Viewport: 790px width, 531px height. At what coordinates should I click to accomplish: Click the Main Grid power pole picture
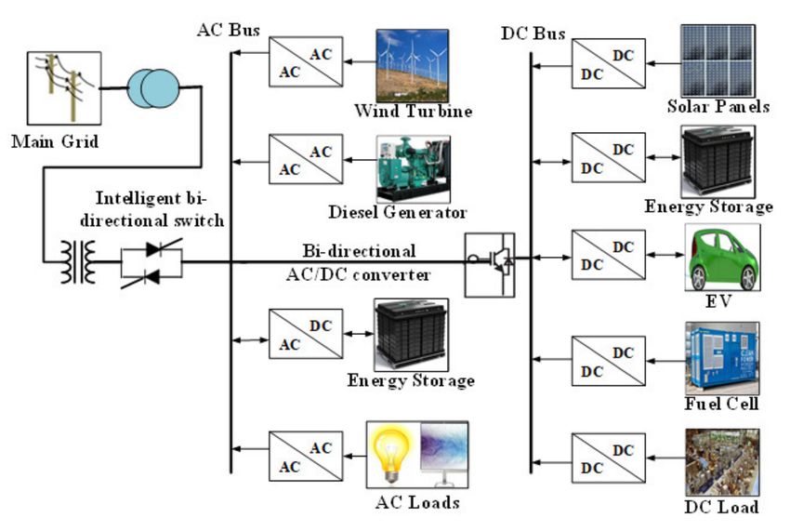point(64,88)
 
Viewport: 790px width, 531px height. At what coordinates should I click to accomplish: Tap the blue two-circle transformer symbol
point(153,88)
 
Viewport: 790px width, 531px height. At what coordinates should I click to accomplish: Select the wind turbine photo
point(412,65)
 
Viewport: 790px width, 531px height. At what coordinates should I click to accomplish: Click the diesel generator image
point(414,169)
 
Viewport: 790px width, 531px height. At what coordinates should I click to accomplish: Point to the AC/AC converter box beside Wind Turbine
point(306,62)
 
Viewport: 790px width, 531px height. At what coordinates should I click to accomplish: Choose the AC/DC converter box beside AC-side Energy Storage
point(306,334)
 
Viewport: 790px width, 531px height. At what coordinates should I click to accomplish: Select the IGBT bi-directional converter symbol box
point(490,265)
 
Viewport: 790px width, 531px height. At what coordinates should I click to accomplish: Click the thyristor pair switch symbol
point(151,263)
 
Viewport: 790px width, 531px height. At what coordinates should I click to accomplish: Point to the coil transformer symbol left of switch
point(78,262)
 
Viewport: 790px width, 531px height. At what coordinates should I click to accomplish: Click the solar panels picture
point(718,61)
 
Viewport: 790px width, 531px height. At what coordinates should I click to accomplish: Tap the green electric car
point(722,259)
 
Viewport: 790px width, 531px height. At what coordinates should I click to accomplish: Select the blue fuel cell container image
point(722,359)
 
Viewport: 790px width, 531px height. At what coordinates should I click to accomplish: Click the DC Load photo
point(722,462)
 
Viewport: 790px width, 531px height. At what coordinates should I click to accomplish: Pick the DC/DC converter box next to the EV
point(609,255)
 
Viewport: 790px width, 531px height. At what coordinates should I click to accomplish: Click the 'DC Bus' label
point(533,33)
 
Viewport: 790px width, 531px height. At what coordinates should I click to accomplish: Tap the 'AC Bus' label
point(229,30)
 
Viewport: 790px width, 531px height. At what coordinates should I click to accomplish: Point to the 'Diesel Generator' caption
point(398,212)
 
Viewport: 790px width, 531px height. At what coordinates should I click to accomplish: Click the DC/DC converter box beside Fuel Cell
point(609,361)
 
